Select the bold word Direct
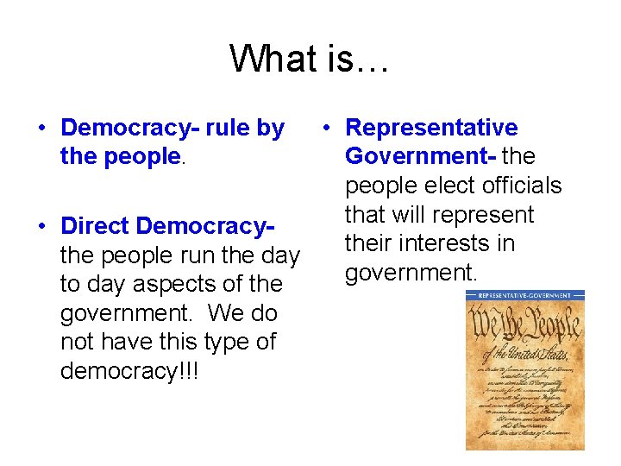(95, 226)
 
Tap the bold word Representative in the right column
(431, 129)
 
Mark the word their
(369, 244)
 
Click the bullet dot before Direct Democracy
(41, 227)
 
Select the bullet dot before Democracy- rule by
(41, 129)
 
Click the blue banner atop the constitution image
(524, 296)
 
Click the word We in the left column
(228, 312)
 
